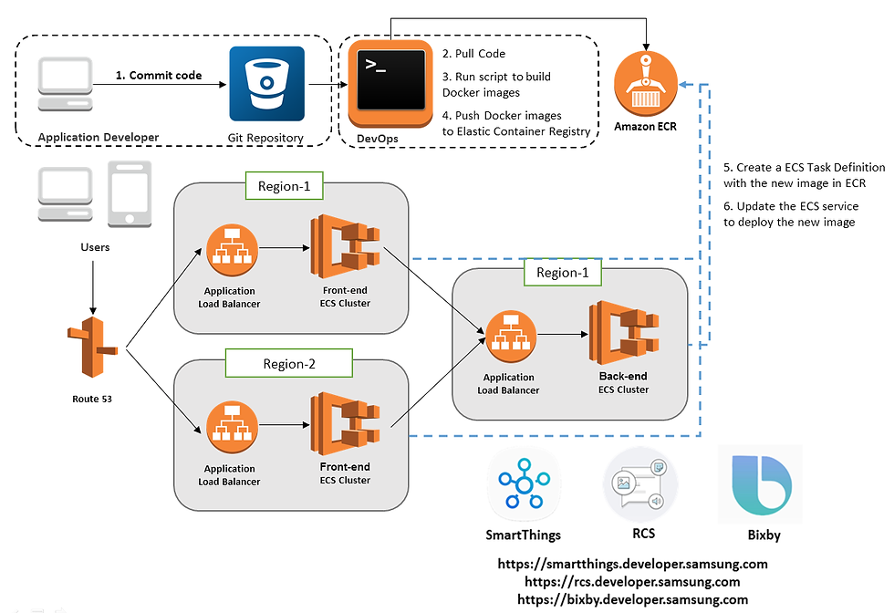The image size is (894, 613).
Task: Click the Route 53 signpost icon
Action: tap(91, 348)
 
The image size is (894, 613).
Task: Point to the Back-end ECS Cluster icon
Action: tap(624, 335)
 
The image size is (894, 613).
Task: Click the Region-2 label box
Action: tap(289, 364)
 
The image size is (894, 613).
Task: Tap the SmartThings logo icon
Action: tap(523, 484)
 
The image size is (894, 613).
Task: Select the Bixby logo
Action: tap(760, 484)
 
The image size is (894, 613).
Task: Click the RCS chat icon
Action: tap(642, 484)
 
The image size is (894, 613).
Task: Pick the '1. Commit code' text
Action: tap(159, 76)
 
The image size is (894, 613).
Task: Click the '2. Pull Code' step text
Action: tap(473, 54)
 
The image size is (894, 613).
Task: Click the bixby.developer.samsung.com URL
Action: tap(632, 599)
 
